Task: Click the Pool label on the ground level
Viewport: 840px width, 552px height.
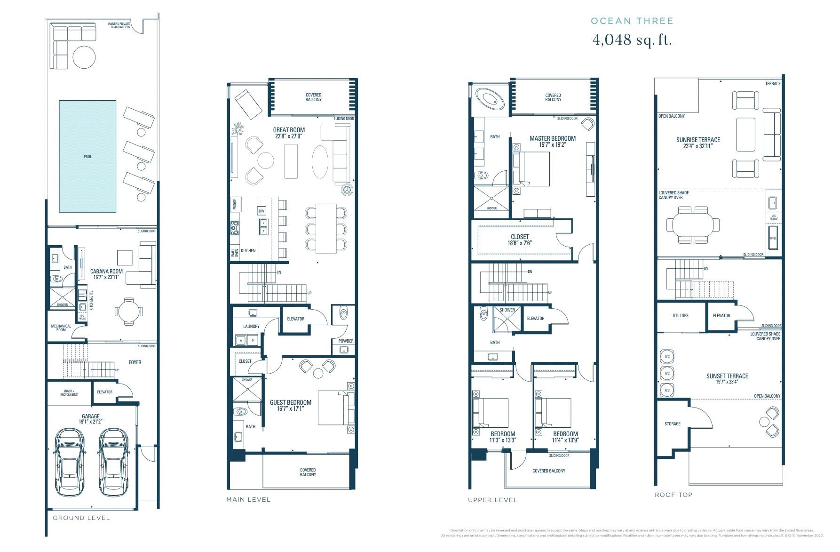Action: point(87,157)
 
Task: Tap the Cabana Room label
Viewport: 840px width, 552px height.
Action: point(107,272)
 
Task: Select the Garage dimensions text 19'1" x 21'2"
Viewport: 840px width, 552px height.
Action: point(91,422)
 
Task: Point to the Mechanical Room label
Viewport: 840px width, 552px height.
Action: point(61,328)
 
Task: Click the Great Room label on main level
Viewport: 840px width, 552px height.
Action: point(289,130)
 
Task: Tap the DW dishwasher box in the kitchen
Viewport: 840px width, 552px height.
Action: point(262,211)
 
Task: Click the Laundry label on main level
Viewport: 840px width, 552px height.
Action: point(251,326)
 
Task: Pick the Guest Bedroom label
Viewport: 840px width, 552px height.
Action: point(290,402)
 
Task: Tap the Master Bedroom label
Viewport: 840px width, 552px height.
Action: point(552,138)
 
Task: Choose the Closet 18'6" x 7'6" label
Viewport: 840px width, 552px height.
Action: point(519,237)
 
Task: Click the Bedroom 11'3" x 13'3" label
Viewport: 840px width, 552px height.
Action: point(503,434)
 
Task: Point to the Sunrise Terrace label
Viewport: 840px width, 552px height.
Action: point(698,140)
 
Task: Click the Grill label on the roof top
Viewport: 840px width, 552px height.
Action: point(773,238)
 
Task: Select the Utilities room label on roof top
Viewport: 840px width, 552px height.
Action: point(680,316)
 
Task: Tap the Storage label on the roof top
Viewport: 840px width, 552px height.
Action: point(672,424)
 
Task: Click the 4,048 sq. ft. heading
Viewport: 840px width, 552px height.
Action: point(632,40)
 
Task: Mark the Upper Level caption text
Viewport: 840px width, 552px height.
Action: point(492,500)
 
